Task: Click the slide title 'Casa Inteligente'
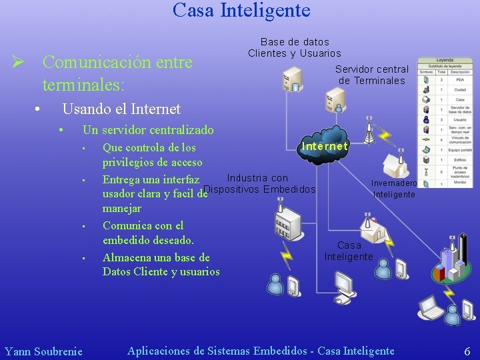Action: coord(241,11)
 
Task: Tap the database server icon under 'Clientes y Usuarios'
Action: coord(291,81)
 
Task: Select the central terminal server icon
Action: coord(334,100)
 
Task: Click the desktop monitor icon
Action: coord(345,285)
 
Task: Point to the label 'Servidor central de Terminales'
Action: coord(371,75)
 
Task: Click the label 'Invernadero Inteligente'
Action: coord(394,189)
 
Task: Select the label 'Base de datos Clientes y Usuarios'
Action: coord(294,47)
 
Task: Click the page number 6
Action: coord(467,351)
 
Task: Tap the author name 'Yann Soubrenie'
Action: coord(43,351)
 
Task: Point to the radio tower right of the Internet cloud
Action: coord(369,133)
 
